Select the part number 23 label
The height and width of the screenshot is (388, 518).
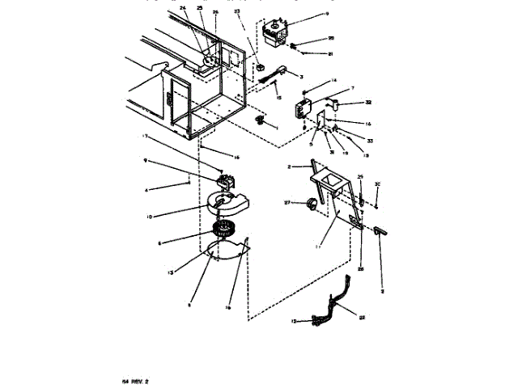click(236, 12)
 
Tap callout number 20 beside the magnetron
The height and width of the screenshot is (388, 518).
click(308, 38)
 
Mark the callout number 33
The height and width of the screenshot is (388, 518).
click(359, 140)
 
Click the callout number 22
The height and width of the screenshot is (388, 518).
click(362, 318)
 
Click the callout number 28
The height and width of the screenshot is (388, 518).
click(361, 268)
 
